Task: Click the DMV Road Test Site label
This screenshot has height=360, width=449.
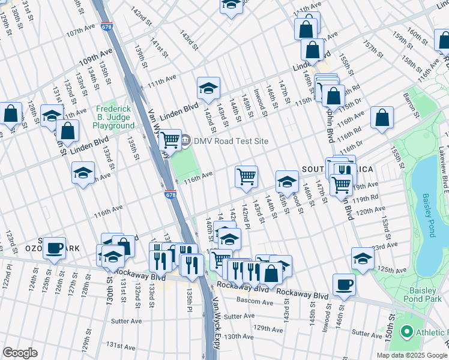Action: pos(231,141)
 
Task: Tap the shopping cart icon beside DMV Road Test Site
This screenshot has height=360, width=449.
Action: pos(170,140)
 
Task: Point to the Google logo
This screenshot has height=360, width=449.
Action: pos(20,353)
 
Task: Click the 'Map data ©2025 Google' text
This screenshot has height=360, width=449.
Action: pos(412,355)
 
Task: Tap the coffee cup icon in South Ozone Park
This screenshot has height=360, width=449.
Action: pos(54,247)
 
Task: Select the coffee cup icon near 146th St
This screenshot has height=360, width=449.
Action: pos(344,284)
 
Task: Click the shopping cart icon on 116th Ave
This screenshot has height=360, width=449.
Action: pos(246,176)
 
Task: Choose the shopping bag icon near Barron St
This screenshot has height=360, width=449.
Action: pos(382,118)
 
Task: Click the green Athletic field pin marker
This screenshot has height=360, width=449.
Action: pos(407,331)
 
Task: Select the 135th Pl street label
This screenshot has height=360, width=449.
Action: pos(188,295)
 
